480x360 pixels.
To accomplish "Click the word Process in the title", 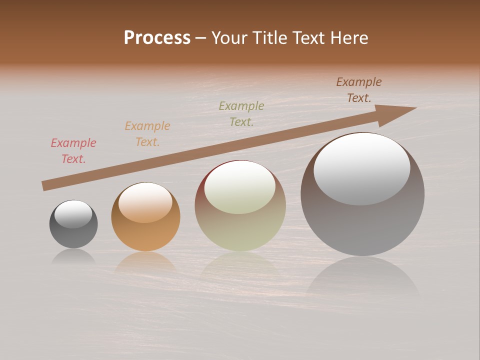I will (x=157, y=38).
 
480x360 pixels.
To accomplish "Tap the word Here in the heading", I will (x=348, y=38).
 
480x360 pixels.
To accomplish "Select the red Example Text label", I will (x=73, y=151).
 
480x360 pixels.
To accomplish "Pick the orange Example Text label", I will (x=147, y=134).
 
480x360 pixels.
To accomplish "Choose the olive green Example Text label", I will (x=241, y=113).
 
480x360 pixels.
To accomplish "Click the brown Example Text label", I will (x=359, y=90).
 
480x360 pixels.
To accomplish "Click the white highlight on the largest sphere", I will (x=362, y=169).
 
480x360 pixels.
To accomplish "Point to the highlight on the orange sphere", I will (x=145, y=202).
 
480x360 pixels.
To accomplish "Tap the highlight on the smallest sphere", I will (x=73, y=214).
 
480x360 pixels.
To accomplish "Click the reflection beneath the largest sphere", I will (x=362, y=277).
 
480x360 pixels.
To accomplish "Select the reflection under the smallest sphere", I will (x=73, y=256).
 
